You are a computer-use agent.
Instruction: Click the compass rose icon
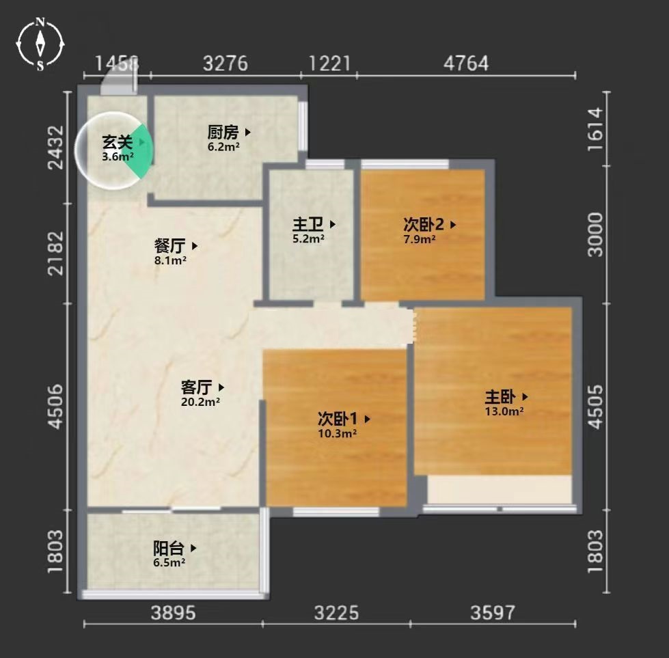click(40, 44)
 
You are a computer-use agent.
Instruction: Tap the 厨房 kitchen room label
click(223, 133)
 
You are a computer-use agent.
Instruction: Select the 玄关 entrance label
click(118, 142)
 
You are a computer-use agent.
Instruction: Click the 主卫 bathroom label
click(308, 224)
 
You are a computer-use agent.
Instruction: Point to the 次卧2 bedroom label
click(424, 224)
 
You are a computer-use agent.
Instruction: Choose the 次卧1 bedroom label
click(338, 419)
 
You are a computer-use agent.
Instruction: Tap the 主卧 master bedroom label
click(500, 397)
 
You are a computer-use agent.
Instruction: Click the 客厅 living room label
click(196, 387)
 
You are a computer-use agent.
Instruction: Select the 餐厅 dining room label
click(169, 246)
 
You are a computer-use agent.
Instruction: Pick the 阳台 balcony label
click(169, 548)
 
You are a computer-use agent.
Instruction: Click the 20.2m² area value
click(200, 402)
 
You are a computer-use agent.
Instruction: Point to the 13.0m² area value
click(504, 411)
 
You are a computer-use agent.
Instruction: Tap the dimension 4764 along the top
click(466, 63)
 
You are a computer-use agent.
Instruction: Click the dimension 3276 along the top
click(226, 63)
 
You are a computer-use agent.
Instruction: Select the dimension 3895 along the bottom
click(173, 613)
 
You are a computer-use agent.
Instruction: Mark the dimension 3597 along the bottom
click(493, 613)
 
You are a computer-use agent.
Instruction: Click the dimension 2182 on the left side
click(56, 253)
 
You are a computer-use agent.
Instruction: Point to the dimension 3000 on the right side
click(595, 234)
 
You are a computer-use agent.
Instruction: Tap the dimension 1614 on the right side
click(595, 129)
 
